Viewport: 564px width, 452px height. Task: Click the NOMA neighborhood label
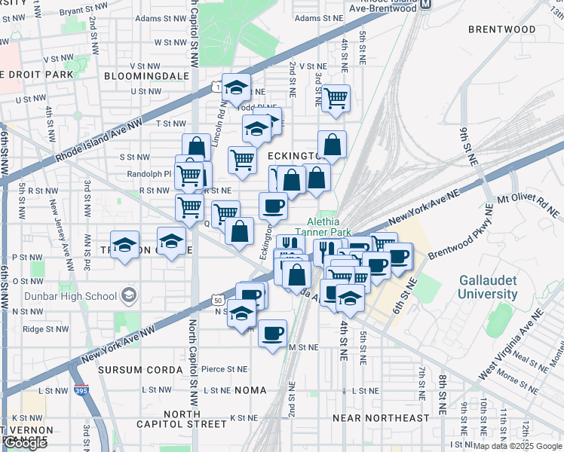(251, 390)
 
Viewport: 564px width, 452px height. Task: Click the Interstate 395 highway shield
(81, 391)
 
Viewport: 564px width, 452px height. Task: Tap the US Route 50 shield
(218, 299)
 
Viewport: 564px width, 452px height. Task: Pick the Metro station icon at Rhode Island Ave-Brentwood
(426, 5)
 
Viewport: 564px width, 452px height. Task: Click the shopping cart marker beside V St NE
(336, 96)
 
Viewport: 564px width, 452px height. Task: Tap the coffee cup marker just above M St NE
(272, 331)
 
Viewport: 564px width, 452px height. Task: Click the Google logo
(25, 443)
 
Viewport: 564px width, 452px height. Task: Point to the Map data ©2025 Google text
(516, 446)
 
